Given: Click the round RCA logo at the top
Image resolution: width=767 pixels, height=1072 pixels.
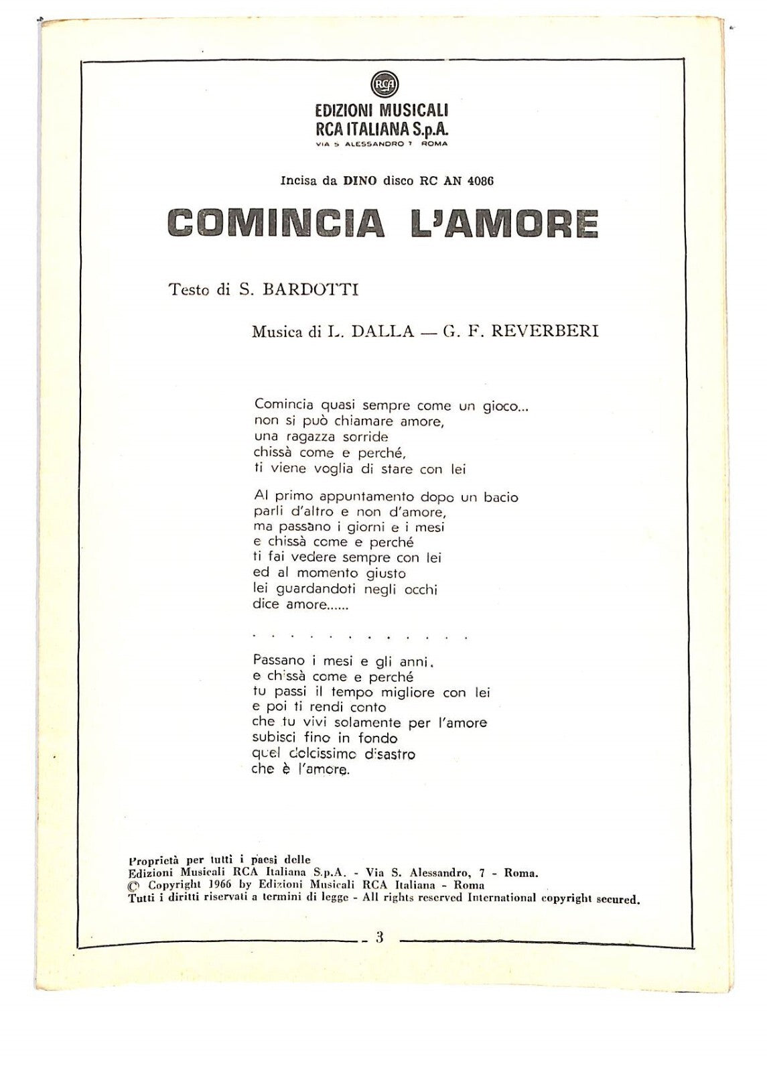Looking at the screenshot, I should (384, 84).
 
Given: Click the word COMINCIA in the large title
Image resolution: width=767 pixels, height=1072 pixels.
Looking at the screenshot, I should (275, 223).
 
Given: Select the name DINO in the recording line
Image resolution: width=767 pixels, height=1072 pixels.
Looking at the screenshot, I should (360, 181).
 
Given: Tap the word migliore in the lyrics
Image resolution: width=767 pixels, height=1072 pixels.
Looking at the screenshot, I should (399, 692).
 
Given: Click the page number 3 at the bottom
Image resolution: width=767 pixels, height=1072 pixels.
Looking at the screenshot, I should (379, 937).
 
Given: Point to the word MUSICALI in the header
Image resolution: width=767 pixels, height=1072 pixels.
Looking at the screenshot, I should (415, 111).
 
